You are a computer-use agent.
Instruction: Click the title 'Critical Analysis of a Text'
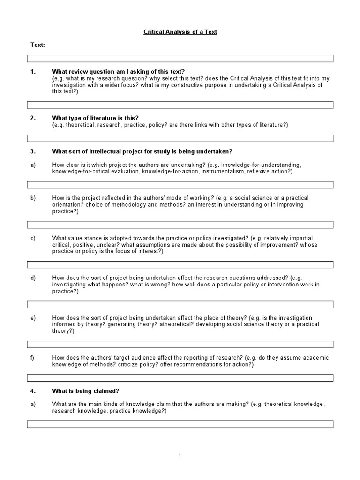pos(180,32)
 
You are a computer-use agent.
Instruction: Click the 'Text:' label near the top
pos(38,45)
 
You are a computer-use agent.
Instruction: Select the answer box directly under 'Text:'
pos(180,58)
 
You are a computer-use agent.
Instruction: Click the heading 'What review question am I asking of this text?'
pos(119,71)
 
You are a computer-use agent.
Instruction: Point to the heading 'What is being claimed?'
pos(84,390)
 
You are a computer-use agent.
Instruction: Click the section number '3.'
pos(33,151)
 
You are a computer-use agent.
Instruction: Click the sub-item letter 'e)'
pos(33,318)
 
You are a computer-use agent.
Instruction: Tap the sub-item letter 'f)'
pos(33,357)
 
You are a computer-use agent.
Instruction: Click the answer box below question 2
pos(180,138)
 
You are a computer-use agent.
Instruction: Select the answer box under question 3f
pos(180,377)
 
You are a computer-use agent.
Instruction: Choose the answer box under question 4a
pos(180,424)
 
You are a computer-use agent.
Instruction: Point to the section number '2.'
pos(33,118)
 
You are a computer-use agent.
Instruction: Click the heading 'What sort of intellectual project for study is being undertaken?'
pos(142,151)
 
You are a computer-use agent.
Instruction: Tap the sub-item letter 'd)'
pos(33,278)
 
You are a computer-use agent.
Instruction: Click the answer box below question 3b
pos(180,225)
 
